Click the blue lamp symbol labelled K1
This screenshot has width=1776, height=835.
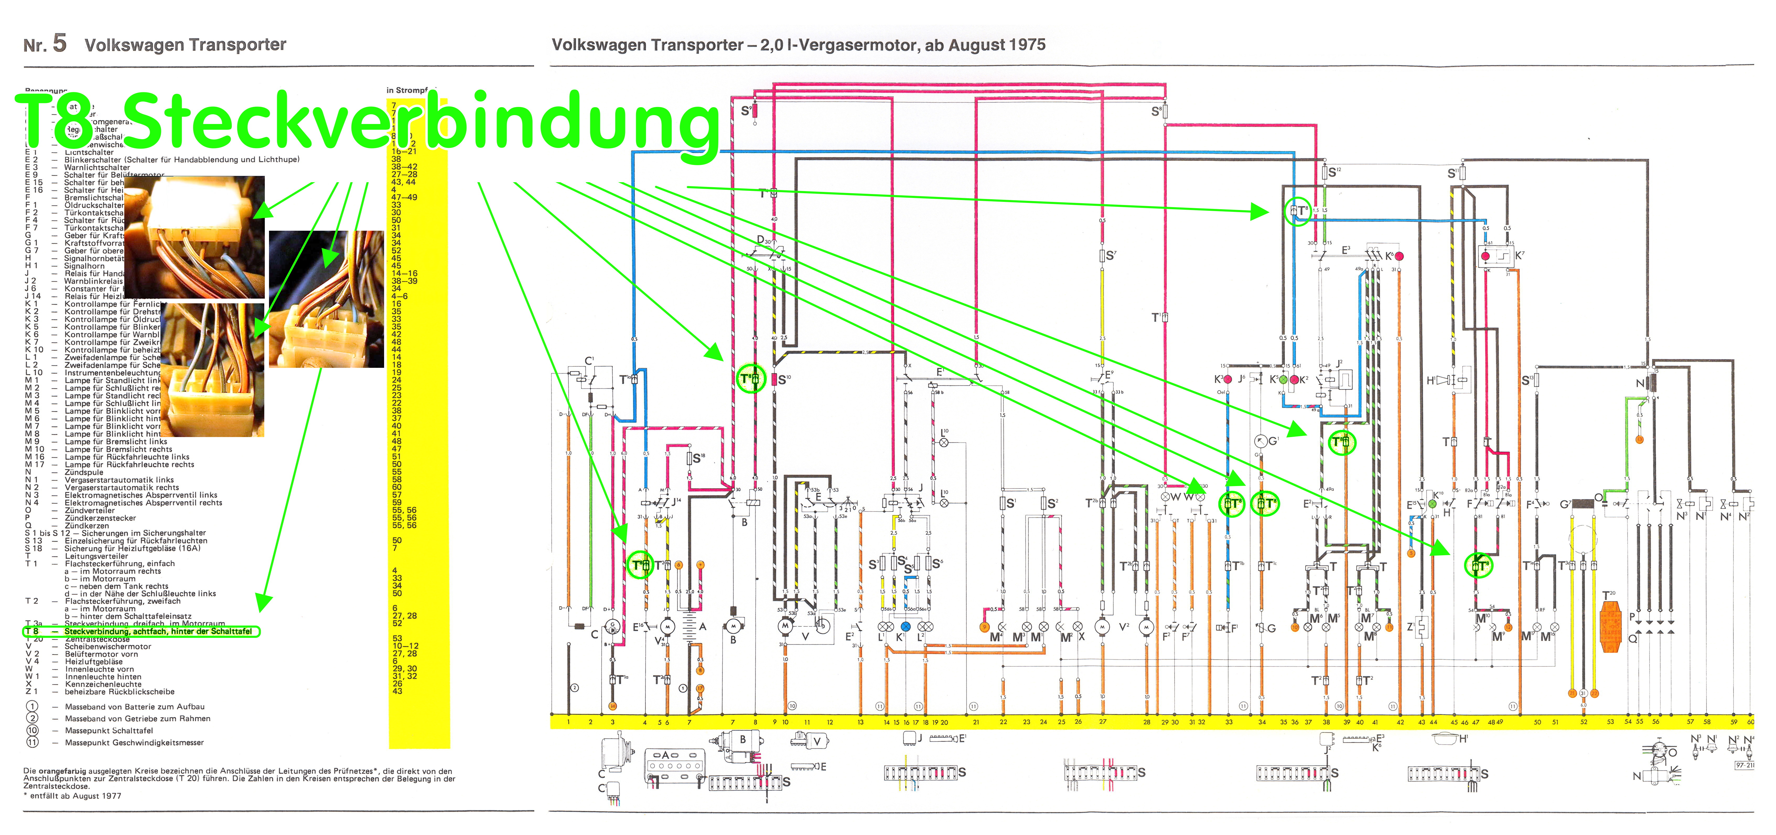coord(905,627)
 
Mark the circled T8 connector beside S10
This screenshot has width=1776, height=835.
coord(751,379)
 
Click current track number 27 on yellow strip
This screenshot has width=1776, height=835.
coord(1102,722)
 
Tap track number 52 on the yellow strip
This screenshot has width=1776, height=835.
coord(1584,722)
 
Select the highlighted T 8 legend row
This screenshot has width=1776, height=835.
coord(141,631)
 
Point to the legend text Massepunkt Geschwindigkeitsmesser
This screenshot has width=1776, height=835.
coord(134,743)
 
